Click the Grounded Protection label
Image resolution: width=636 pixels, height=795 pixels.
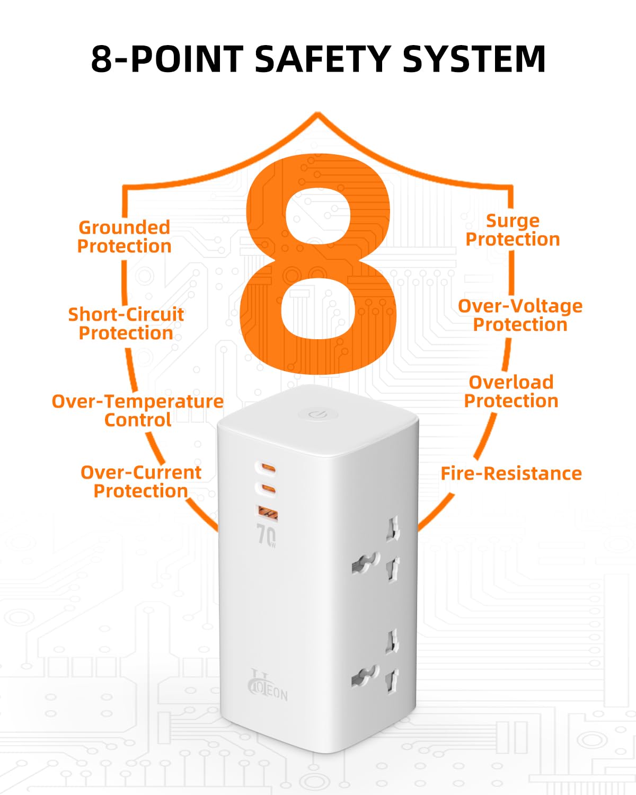coord(124,237)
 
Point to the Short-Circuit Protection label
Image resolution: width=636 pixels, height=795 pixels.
coord(126,324)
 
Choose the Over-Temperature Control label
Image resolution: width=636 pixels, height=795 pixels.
coord(138,410)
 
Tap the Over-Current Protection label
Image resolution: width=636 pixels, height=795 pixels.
coord(141,482)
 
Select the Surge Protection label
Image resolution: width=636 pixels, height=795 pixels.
coord(513,230)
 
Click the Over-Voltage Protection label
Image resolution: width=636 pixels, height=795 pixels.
coord(520,316)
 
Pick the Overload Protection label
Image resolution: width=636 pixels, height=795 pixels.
coord(511,392)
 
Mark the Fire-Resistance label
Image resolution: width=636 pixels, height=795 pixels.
coord(511,474)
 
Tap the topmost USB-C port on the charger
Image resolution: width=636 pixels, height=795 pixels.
coord(266,469)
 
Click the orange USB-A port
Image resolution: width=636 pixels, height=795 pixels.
coord(268,513)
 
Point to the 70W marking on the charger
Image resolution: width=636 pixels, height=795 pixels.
coord(266,535)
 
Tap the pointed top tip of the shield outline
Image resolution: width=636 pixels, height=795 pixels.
coord(318,113)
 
